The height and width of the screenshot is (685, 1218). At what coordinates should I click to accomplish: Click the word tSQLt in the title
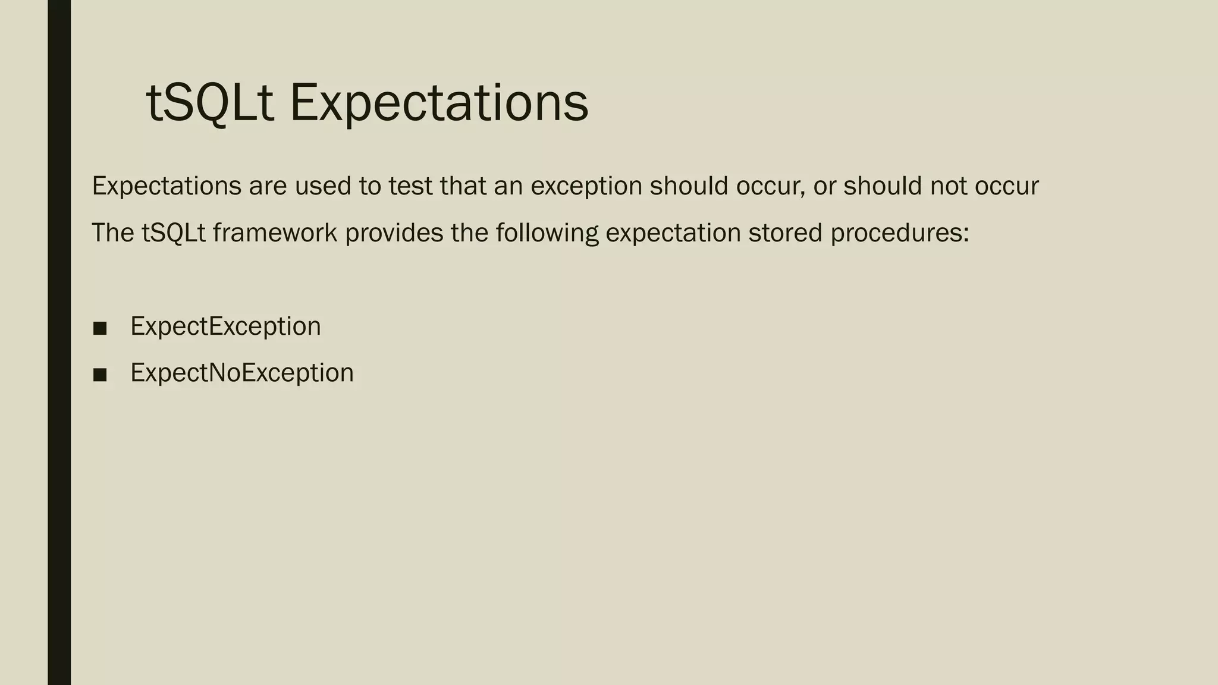(x=209, y=103)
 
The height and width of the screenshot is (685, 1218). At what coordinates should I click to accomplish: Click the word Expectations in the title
(x=439, y=103)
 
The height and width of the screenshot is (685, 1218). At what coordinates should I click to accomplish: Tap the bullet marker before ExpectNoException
(x=100, y=375)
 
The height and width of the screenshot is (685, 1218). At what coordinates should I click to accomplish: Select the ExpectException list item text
(x=225, y=326)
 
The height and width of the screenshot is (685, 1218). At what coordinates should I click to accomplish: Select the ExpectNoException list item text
(x=242, y=373)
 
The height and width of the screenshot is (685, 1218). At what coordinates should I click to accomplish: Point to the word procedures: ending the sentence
(x=900, y=232)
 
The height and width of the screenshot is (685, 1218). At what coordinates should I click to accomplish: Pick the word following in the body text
(x=547, y=232)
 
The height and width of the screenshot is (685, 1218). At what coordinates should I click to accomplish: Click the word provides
(x=394, y=232)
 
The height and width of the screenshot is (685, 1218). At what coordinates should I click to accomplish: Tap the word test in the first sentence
(x=410, y=186)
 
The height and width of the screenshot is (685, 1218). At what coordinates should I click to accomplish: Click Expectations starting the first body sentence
(x=167, y=186)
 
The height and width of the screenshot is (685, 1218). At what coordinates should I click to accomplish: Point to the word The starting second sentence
(x=113, y=232)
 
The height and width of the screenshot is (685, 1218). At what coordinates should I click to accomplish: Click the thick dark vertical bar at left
(x=59, y=342)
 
